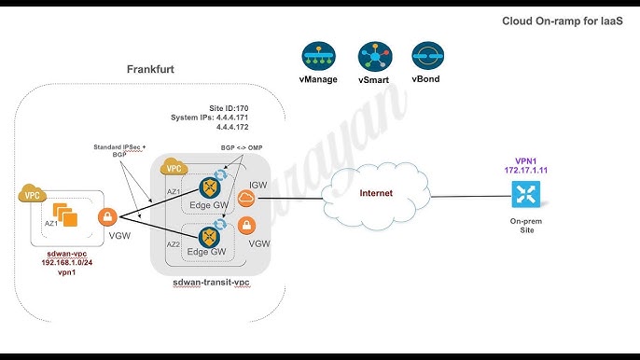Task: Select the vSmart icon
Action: tap(374, 56)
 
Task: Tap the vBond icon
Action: tap(428, 56)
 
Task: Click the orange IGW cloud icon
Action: tap(246, 198)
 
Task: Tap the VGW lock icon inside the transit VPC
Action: tap(246, 225)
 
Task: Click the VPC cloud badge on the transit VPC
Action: tap(172, 168)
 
